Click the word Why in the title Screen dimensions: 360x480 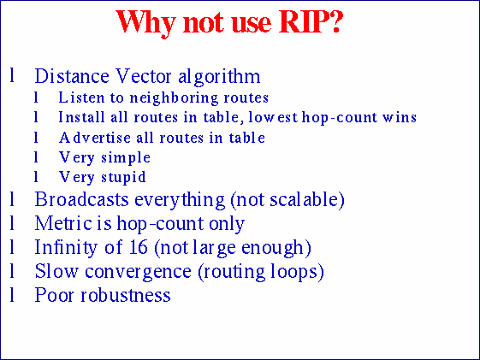[x=142, y=21]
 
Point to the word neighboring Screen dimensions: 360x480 [x=171, y=97]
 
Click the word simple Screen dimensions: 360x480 [x=124, y=158]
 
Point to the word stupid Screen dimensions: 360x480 [x=121, y=178]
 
